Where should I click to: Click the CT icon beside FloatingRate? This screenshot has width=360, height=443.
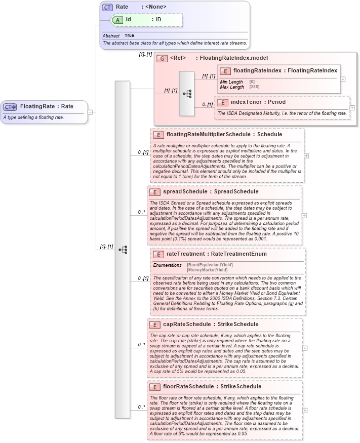(11, 107)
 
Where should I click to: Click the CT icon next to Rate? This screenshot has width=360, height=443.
(107, 7)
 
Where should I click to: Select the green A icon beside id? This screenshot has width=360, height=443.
(117, 20)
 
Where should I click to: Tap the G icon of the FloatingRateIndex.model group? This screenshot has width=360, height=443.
(162, 58)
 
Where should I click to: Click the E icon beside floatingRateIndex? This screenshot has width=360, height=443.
(225, 71)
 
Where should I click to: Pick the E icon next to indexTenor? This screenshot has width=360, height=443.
(223, 102)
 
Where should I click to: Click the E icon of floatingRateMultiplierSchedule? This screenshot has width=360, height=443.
(158, 135)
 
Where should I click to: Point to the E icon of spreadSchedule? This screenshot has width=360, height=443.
(155, 192)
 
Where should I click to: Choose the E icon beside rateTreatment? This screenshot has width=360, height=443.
(158, 255)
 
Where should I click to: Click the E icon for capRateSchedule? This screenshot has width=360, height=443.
(155, 325)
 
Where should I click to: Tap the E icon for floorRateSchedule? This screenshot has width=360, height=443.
(155, 387)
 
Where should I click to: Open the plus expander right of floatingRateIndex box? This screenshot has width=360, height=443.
(343, 79)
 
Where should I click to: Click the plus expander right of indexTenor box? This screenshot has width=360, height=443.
(352, 108)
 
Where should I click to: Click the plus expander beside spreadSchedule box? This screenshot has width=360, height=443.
(304, 215)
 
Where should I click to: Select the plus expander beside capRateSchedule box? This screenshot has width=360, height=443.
(304, 348)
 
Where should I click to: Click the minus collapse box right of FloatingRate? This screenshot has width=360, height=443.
(90, 112)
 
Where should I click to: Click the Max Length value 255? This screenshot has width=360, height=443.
(252, 87)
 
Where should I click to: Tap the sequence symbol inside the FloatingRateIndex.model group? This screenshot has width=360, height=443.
(187, 94)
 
